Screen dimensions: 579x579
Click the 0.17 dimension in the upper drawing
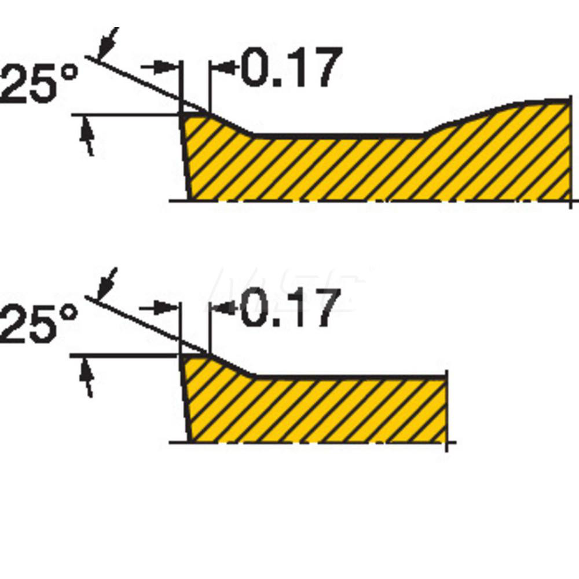click(x=288, y=68)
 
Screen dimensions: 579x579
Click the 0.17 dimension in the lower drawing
click(x=288, y=309)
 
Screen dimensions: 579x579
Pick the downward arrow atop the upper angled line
click(x=106, y=43)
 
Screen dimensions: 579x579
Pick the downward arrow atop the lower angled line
click(x=106, y=283)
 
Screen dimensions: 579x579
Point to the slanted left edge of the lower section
click(x=185, y=400)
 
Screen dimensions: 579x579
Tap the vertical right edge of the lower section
click(x=446, y=408)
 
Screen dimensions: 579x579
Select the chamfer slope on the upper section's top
click(x=232, y=123)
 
